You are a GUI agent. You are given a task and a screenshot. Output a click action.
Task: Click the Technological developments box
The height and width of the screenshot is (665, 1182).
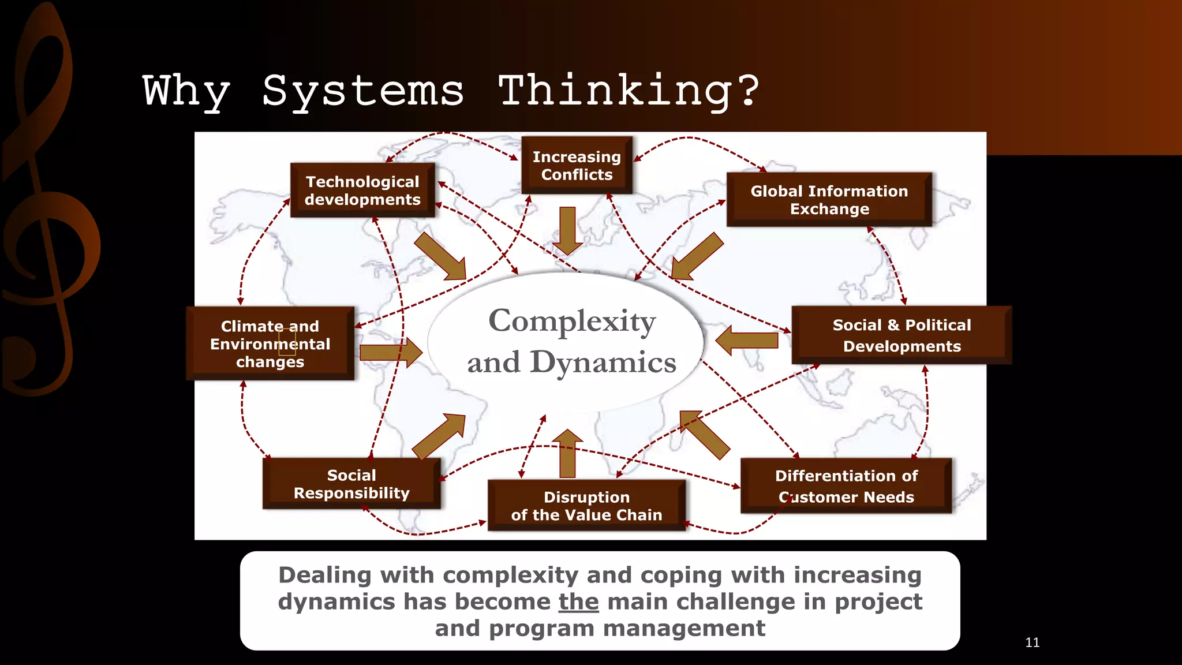point(362,190)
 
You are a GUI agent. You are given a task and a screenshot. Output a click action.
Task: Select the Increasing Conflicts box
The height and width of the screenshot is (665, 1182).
point(577,166)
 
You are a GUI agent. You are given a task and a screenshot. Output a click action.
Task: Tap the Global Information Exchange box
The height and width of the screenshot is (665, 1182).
point(829,200)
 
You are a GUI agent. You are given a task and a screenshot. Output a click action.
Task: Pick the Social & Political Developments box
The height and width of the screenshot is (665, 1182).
point(901,335)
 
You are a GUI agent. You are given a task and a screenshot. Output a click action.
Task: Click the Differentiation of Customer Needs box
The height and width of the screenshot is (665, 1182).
point(846,486)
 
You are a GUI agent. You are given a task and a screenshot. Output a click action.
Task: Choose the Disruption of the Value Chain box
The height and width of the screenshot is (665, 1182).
point(586,506)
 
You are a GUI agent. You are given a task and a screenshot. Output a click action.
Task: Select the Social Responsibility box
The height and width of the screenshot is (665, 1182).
point(351,484)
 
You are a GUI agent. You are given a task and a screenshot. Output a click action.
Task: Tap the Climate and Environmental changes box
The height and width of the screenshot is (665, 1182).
point(270,343)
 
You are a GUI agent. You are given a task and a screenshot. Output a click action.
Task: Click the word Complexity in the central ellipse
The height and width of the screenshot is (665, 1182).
point(572,321)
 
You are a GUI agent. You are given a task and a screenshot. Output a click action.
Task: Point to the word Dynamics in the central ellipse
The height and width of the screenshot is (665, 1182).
point(603,363)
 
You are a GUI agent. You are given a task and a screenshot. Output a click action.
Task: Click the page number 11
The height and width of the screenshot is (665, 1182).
point(1033,642)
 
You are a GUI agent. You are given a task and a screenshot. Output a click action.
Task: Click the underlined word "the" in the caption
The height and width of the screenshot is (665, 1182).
point(578,602)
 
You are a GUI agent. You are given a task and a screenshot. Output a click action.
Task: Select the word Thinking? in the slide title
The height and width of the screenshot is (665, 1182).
point(629,91)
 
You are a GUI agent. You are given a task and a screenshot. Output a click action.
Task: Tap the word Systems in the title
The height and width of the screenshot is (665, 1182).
point(363,91)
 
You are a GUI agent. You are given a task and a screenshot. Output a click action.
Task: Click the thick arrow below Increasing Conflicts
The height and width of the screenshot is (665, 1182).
point(567,230)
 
